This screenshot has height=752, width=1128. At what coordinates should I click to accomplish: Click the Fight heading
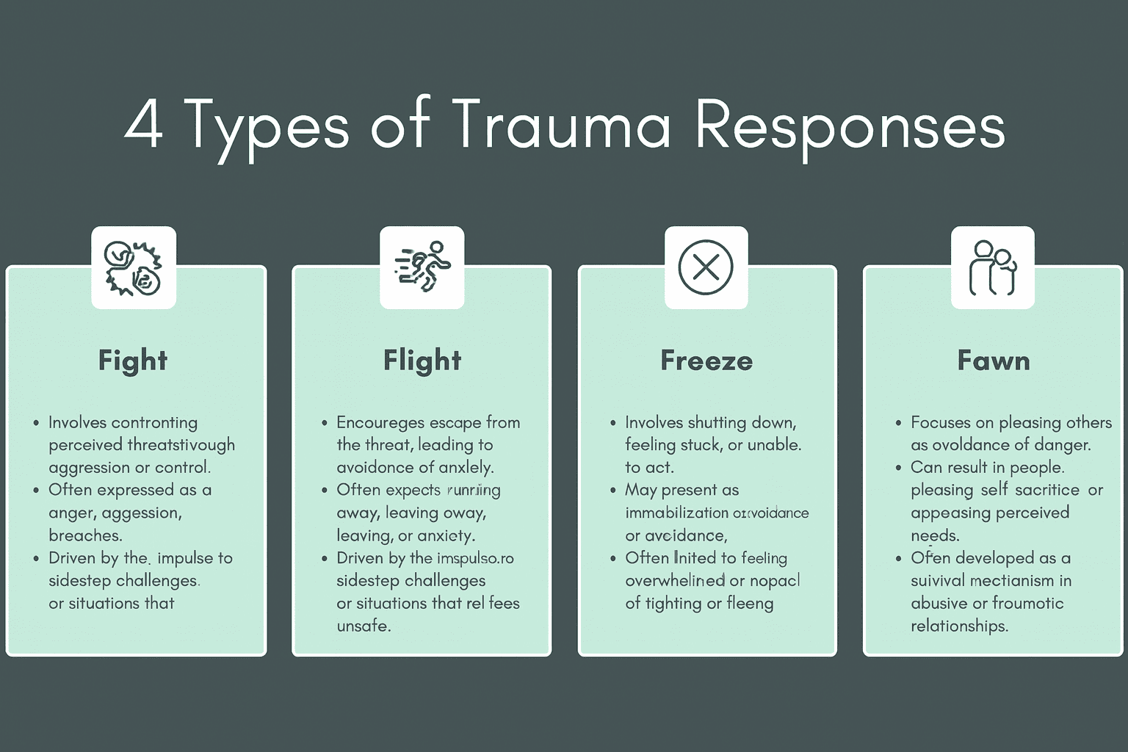click(133, 361)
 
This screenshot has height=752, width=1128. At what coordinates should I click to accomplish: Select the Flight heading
click(422, 361)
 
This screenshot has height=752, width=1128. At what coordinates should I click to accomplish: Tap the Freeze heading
click(706, 361)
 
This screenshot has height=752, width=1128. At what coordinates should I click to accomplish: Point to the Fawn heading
click(994, 361)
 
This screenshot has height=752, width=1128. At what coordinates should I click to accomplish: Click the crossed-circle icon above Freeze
click(706, 267)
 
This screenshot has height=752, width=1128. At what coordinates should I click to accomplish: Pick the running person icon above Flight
click(422, 267)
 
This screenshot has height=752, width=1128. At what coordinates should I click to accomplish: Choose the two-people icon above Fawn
click(993, 267)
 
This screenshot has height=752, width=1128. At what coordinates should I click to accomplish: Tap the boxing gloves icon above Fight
click(133, 267)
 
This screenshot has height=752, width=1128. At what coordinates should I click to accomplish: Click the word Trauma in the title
click(561, 125)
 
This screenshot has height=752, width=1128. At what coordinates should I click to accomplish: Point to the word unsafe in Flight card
click(364, 626)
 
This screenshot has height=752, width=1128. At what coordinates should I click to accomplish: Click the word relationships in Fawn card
click(959, 626)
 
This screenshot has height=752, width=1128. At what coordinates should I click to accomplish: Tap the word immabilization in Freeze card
click(676, 513)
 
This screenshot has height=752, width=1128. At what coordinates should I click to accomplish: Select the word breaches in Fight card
click(85, 535)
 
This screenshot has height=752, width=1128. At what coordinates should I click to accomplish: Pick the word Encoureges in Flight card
click(380, 423)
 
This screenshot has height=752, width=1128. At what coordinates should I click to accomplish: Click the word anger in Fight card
click(71, 513)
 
